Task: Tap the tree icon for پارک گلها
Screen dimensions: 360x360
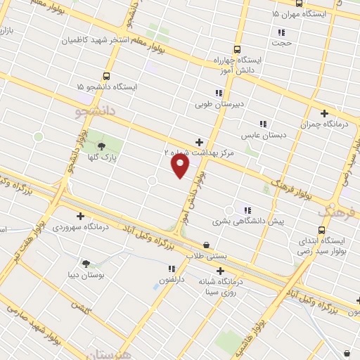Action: click(x=103, y=147)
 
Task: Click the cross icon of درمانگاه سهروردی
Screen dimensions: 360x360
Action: click(x=80, y=216)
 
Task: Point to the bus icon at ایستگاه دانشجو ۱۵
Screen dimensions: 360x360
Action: click(x=107, y=76)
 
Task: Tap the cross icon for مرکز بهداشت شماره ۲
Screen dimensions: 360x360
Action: click(x=199, y=141)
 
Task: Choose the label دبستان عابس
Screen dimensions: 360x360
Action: click(x=261, y=134)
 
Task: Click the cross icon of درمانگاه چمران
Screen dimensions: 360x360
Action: click(x=324, y=113)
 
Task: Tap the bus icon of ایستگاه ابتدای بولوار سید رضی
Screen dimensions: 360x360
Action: click(x=322, y=229)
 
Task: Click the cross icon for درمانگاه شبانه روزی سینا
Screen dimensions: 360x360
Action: click(x=221, y=271)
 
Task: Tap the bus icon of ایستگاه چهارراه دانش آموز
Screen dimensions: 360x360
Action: click(x=237, y=50)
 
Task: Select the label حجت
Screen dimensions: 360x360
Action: click(x=282, y=43)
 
